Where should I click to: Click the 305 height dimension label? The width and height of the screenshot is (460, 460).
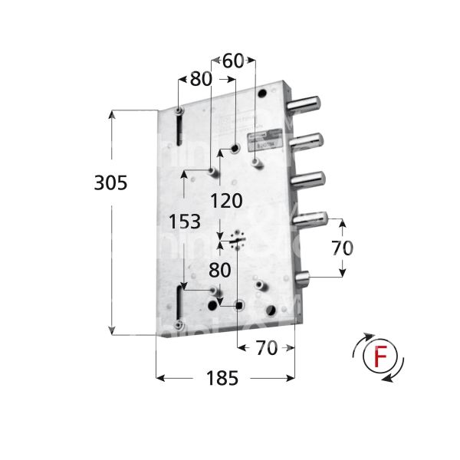[110, 183]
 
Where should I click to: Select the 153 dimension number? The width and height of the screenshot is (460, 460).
[185, 221]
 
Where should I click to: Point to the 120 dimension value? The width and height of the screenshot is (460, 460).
[226, 202]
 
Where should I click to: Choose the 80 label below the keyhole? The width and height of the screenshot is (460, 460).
[220, 270]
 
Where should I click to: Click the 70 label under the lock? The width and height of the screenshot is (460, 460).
[266, 348]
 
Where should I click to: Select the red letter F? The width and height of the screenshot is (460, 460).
[377, 357]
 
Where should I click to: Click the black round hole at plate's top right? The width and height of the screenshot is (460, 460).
[264, 94]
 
